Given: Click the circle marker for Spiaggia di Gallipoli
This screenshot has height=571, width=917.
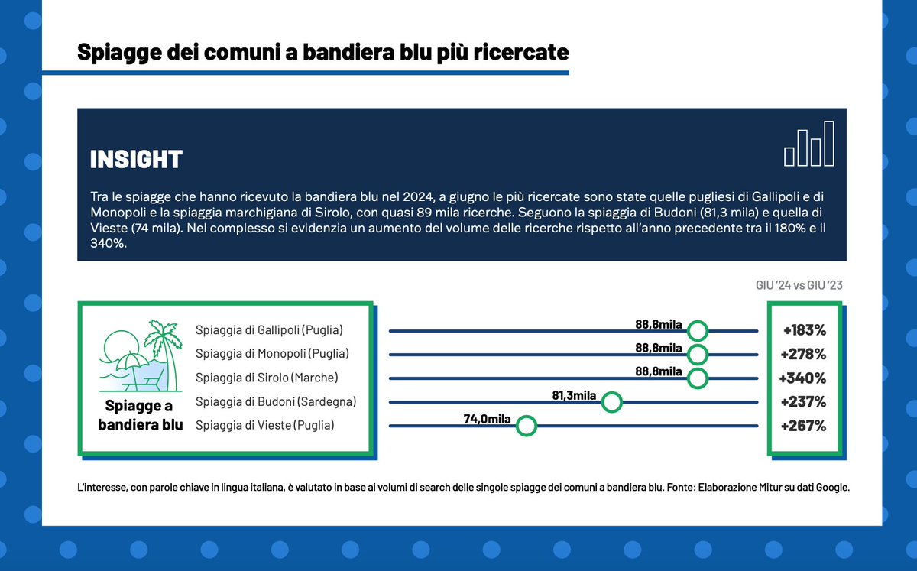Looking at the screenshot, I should pyautogui.click(x=697, y=331).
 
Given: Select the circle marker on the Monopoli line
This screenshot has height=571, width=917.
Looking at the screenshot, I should pyautogui.click(x=697, y=355).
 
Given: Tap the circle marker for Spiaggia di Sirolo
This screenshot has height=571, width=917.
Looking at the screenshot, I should pyautogui.click(x=697, y=378).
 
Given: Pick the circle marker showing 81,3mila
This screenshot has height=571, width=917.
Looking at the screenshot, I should pyautogui.click(x=611, y=402).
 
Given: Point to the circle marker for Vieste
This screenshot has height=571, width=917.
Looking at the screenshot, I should pyautogui.click(x=526, y=426).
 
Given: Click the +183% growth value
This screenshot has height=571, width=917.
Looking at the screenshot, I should pyautogui.click(x=805, y=331).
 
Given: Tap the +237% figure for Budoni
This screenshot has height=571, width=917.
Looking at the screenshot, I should pyautogui.click(x=804, y=402).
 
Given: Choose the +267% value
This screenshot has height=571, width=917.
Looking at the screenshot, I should pyautogui.click(x=804, y=426).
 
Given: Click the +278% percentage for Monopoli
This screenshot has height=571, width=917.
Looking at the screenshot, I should pyautogui.click(x=804, y=355).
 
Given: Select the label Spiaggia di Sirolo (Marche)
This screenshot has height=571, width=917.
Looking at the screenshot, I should pyautogui.click(x=267, y=378).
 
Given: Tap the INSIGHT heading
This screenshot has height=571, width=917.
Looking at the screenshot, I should pyautogui.click(x=136, y=159).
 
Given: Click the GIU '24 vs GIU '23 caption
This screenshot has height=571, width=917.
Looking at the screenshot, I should pyautogui.click(x=799, y=285).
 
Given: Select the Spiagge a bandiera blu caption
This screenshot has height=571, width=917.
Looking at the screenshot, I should pyautogui.click(x=141, y=415).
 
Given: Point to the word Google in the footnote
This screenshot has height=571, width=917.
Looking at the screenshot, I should pyautogui.click(x=828, y=486).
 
